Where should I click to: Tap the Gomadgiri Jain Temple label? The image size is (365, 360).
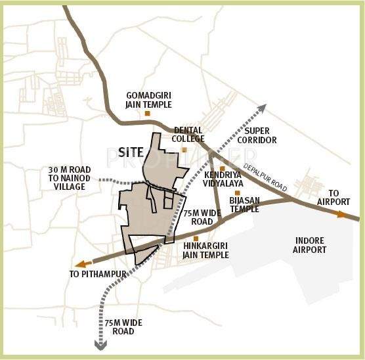point(148,99)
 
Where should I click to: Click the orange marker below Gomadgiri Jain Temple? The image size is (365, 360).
point(147,114)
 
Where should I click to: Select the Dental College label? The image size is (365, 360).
point(188,135)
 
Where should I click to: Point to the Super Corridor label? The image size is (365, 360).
point(257,135)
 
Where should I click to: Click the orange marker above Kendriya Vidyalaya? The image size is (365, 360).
point(223,168)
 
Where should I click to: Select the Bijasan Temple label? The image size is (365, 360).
point(244,204)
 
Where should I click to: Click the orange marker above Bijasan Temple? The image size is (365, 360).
point(238,193)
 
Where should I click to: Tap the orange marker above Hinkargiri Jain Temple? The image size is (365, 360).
point(195,239)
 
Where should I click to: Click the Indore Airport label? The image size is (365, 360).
point(311,245)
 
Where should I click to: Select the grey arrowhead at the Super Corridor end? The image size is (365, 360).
point(261,108)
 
